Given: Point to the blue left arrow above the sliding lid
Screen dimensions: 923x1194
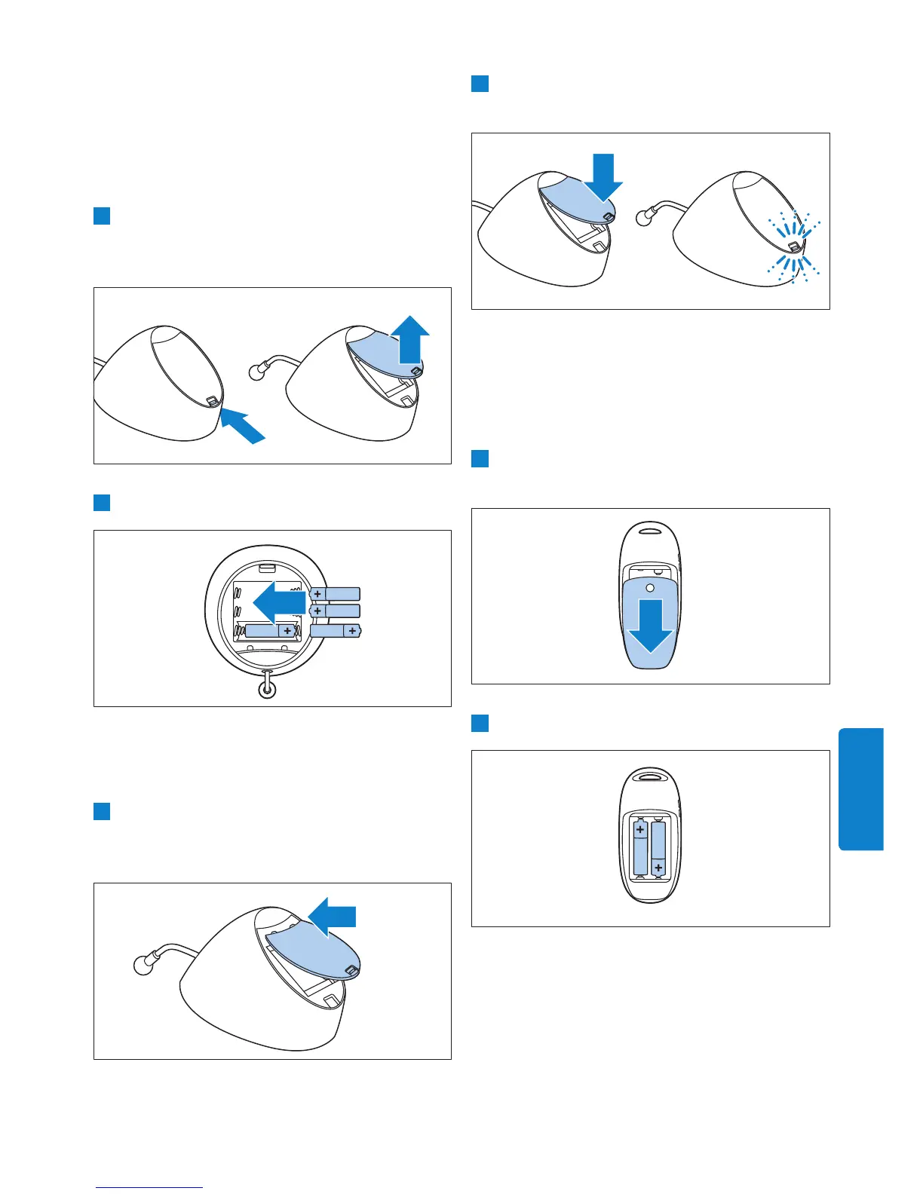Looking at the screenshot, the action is [x=333, y=916].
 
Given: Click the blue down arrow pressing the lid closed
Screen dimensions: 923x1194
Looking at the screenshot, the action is [x=603, y=179].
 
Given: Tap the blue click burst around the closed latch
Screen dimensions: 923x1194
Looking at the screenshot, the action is [x=793, y=247].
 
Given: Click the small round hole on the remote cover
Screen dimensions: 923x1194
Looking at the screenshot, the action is [x=650, y=586].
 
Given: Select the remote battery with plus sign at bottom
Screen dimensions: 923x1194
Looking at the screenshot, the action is [x=658, y=850].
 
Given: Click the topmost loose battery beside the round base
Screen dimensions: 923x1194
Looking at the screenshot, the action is [x=335, y=594].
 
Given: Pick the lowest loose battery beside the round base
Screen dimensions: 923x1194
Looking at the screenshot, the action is [x=336, y=630].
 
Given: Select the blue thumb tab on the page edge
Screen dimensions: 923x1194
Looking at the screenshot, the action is [x=860, y=788].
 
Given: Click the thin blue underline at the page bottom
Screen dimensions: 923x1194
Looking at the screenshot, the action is [x=149, y=1187].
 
